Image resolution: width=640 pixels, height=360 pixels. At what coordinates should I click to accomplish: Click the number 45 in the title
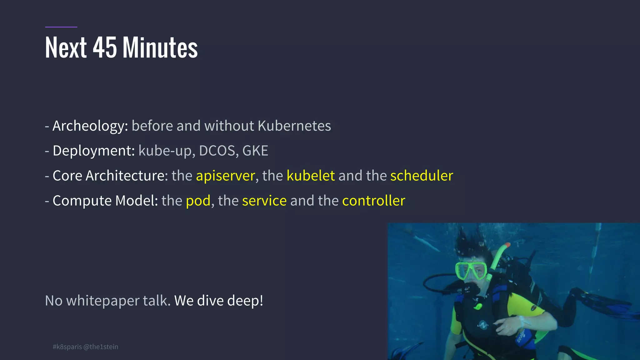[x=105, y=47]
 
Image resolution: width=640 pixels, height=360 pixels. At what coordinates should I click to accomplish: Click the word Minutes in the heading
[x=160, y=47]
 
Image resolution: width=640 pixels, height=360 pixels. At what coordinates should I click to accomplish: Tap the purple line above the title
[x=61, y=27]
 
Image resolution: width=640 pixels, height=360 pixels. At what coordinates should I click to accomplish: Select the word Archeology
[x=90, y=126]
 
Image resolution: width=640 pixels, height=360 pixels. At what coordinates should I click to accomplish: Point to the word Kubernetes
[x=294, y=126]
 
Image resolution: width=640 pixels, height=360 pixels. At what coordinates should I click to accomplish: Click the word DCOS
[x=217, y=151]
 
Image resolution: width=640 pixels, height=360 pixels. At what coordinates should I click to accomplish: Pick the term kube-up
[x=165, y=151]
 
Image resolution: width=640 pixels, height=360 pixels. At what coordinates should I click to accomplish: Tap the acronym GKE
[x=255, y=151]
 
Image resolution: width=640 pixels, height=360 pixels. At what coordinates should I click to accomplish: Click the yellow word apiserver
[x=225, y=176]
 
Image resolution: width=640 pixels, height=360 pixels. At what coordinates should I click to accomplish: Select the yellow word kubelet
[x=311, y=176]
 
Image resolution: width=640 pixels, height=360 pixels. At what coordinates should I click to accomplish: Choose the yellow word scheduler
[x=422, y=176]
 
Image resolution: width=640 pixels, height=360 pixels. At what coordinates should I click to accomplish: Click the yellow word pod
[x=198, y=201]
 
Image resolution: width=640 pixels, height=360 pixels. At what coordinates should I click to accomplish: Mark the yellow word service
[x=264, y=201]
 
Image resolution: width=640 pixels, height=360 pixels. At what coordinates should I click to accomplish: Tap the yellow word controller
[x=373, y=201]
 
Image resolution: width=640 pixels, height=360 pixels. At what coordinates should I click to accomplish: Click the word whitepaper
[x=102, y=301]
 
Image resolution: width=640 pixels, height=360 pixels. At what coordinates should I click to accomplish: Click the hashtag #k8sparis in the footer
[x=67, y=347]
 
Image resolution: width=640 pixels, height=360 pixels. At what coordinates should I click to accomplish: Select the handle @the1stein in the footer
[x=101, y=347]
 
